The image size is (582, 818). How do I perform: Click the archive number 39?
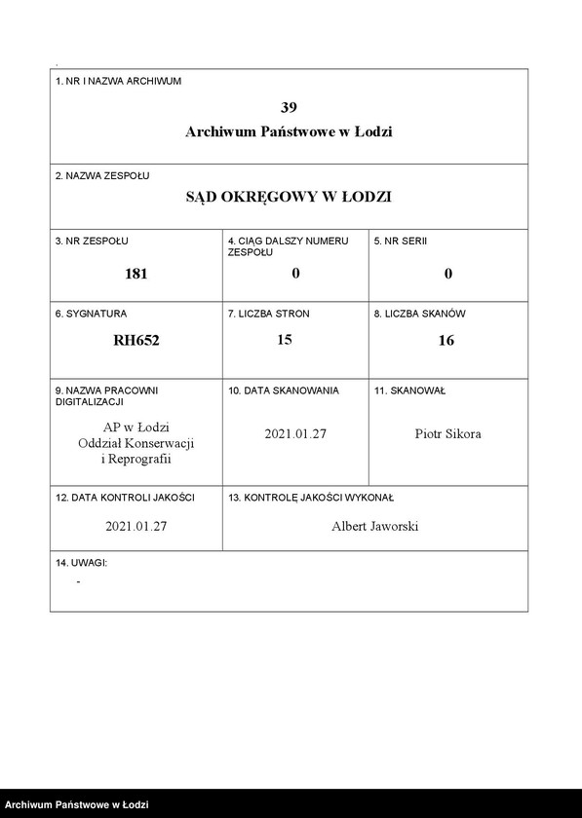[x=289, y=106]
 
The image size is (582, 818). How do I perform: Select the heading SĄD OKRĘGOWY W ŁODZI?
[x=289, y=197]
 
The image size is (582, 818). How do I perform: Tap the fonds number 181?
[x=136, y=274]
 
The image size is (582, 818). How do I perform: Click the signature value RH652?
[x=136, y=341]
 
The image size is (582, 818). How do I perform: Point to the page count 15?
[x=285, y=340]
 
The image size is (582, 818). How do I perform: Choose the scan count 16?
[x=446, y=341]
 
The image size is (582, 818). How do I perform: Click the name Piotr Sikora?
[x=447, y=434]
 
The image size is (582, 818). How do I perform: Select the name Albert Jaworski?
[x=375, y=527]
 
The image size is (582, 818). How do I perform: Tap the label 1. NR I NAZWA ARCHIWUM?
[x=118, y=81]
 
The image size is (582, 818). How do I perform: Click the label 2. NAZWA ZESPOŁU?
[x=102, y=175]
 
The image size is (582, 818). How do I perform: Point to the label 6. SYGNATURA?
[x=91, y=315]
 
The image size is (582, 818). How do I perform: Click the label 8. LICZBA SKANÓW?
[x=420, y=315]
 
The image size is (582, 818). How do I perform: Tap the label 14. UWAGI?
[x=81, y=563]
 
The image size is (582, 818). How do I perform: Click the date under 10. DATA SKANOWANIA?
[x=295, y=434]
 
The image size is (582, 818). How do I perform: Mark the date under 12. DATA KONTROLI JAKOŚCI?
[x=136, y=527]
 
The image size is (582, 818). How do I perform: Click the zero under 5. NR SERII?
[x=448, y=274]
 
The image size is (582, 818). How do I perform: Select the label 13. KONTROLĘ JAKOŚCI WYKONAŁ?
[x=310, y=498]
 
